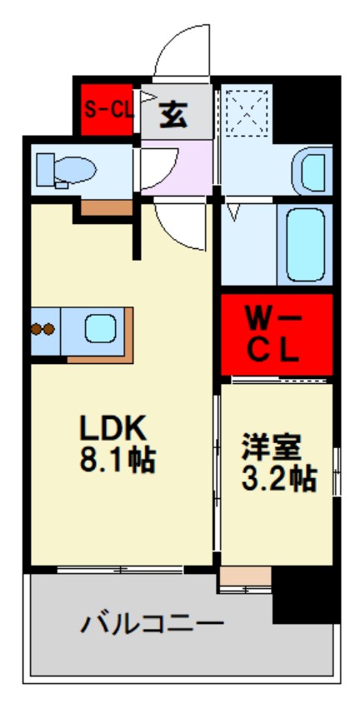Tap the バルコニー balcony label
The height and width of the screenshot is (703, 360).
tap(152, 622)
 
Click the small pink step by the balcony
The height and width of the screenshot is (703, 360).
tap(246, 576)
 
